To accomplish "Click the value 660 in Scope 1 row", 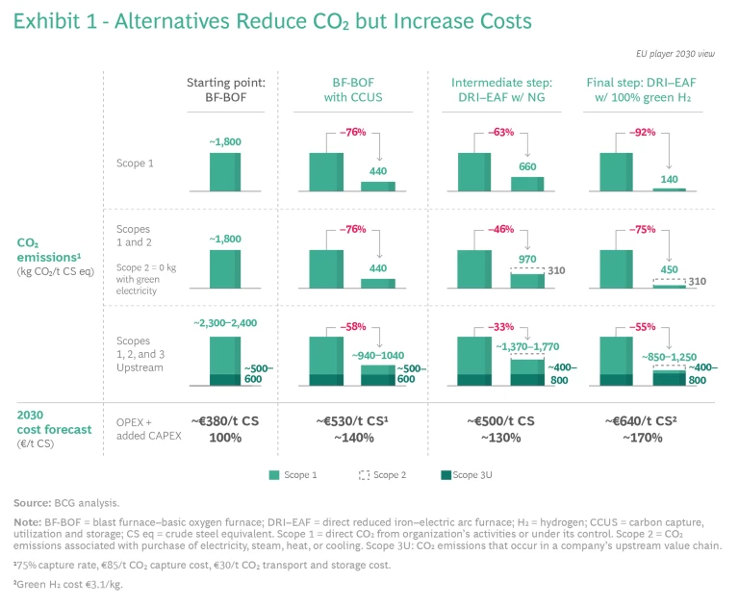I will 528,165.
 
